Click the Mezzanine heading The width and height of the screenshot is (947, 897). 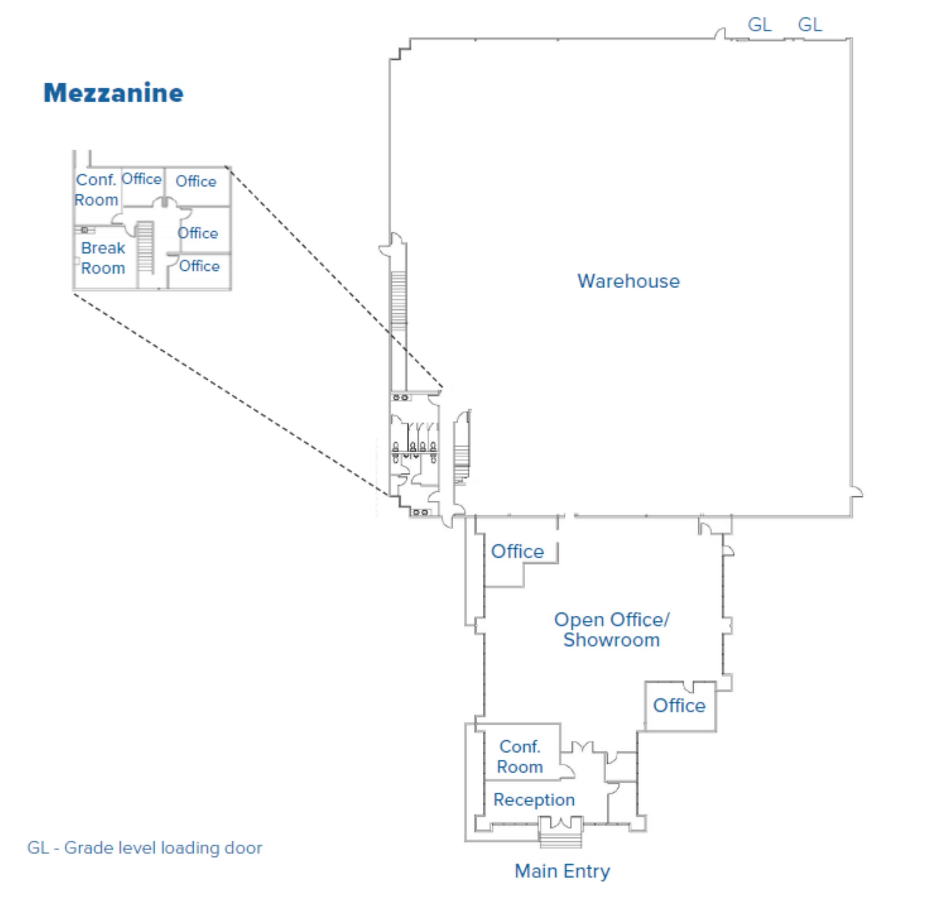coord(113,93)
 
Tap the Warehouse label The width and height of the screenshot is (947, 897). coord(628,281)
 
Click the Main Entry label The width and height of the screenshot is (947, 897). coord(562,871)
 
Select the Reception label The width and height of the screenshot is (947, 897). coord(534,799)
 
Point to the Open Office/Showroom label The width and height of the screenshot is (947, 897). coord(611,629)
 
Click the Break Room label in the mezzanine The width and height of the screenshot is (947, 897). coord(103,258)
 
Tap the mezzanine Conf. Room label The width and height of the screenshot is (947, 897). coord(96,189)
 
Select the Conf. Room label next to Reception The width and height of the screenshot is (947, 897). coord(520,756)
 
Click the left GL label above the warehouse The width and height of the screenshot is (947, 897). coord(759,25)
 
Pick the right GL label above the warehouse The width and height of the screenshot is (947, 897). coord(810,25)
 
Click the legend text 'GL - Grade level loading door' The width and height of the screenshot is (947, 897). coord(144,848)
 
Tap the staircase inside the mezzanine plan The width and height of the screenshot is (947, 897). coord(145,247)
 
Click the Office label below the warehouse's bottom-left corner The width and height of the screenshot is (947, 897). coord(517,551)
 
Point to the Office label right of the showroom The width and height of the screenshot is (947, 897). coord(679,706)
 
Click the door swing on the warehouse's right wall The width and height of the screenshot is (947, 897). coord(856,492)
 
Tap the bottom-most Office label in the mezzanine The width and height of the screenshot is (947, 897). coord(199,266)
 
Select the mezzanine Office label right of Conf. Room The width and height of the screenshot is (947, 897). coord(141,179)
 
